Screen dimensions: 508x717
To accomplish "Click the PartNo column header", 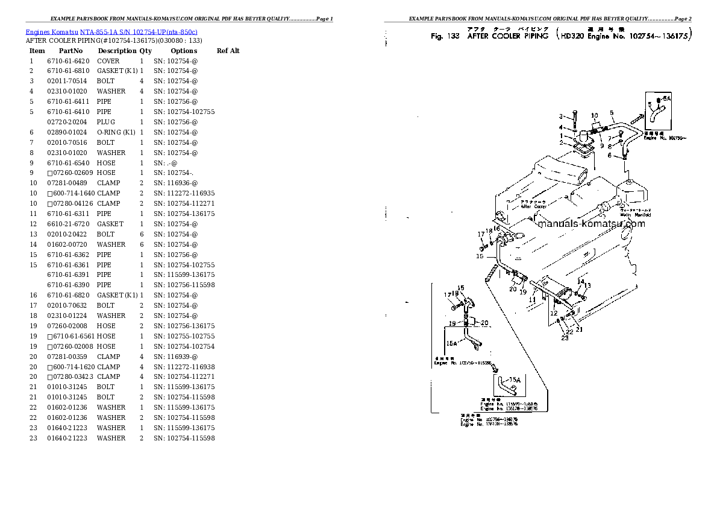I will tap(70, 51).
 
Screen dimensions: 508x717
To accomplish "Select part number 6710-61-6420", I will tap(67, 61).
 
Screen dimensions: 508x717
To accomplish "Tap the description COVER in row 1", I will tap(108, 61).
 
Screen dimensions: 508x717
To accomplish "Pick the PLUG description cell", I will tap(107, 122).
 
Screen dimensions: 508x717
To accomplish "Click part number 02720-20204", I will tap(67, 122).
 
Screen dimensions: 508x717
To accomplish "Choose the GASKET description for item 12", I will tap(110, 224).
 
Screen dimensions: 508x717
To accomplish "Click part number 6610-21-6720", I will tap(67, 224).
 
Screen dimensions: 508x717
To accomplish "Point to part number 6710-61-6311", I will tap(67, 214).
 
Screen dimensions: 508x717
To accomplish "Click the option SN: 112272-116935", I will tap(184, 193).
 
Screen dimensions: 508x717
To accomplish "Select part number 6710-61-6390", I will tap(67, 285).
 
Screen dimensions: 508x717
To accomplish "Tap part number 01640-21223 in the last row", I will tap(67, 438).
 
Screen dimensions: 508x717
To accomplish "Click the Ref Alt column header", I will tap(228, 51).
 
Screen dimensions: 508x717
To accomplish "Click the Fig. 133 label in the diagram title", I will tap(445, 36).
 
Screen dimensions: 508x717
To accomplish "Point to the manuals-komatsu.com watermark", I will tap(590, 224).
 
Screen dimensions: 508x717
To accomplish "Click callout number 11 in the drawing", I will tap(533, 299).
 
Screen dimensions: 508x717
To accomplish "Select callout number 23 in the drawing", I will tap(565, 338).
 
